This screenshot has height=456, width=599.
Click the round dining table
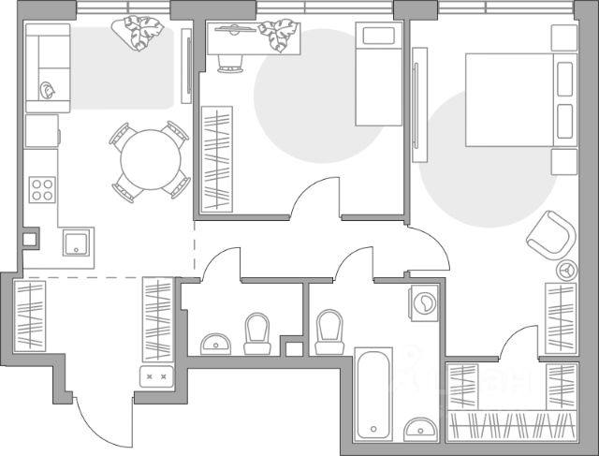click(x=149, y=160)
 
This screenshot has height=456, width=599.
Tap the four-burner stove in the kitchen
click(x=42, y=189)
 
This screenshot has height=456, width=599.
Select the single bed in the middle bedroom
click(x=379, y=75)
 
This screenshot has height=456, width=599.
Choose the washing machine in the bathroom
click(x=424, y=302)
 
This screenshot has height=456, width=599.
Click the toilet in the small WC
click(x=256, y=332)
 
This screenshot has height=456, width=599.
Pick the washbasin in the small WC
click(x=216, y=342)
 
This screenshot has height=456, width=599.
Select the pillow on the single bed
click(x=379, y=37)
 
